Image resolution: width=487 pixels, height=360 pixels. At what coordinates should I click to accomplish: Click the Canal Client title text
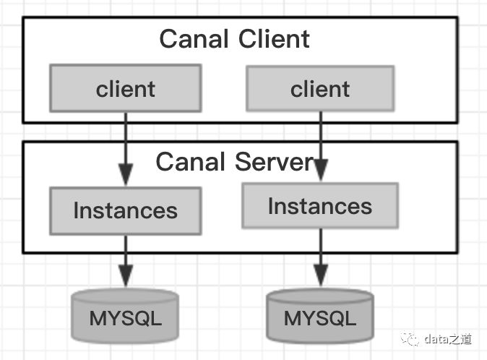click(x=235, y=38)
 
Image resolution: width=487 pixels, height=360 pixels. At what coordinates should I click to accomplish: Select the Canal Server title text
click(x=235, y=161)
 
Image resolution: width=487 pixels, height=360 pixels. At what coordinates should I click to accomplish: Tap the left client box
click(x=125, y=89)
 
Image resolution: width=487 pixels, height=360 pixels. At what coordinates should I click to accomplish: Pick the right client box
click(x=320, y=89)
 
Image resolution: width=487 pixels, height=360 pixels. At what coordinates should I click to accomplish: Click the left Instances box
click(x=125, y=210)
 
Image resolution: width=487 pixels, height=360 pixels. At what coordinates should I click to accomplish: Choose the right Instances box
click(x=319, y=206)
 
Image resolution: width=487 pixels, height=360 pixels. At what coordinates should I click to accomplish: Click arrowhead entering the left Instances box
click(x=125, y=177)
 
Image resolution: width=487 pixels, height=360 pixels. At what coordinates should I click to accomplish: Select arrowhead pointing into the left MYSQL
click(x=125, y=278)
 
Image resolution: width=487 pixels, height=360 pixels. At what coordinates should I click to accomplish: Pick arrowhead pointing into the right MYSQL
click(x=319, y=278)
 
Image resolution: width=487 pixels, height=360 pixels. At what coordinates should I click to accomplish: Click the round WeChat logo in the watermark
click(x=410, y=338)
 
